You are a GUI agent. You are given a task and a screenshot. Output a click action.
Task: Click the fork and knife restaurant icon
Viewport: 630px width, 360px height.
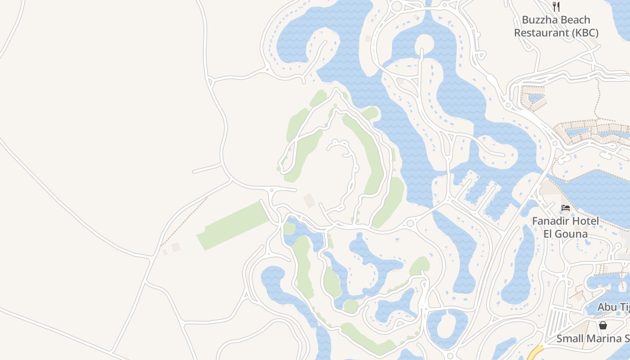click(x=556, y=6)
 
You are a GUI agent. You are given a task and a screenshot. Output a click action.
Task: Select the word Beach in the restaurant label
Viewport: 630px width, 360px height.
click(x=576, y=20)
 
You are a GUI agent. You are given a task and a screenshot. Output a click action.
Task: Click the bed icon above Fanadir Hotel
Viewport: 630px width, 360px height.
click(x=566, y=208)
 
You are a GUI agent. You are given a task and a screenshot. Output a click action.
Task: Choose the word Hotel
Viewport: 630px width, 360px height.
click(x=584, y=221)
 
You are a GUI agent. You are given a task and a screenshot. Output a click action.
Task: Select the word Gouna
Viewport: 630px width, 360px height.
click(x=571, y=234)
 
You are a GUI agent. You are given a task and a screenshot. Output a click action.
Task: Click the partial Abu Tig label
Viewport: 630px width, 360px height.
click(x=613, y=307)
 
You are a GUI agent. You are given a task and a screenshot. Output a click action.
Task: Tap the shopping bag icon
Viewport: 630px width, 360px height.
click(x=603, y=325)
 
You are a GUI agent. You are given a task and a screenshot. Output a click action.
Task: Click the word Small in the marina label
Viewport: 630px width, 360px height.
click(x=570, y=338)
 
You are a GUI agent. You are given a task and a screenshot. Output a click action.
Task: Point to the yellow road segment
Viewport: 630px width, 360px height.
click(x=534, y=352)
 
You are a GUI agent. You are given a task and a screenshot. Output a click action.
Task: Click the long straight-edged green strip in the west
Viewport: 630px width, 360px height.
click(x=233, y=225)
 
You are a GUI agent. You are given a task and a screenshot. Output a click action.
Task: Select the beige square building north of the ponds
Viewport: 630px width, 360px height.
click(x=309, y=201)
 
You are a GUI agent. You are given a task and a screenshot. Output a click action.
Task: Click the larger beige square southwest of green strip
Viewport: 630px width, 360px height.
click(x=175, y=247)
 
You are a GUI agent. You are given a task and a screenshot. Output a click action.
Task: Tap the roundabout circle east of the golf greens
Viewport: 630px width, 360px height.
click(x=409, y=224)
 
